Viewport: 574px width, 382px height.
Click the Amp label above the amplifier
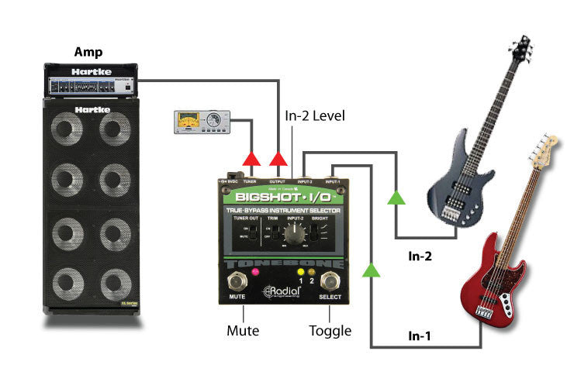pyautogui.click(x=88, y=52)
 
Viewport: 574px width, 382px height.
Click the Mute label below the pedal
pyautogui.click(x=243, y=331)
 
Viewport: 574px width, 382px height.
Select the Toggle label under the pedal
pyautogui.click(x=330, y=331)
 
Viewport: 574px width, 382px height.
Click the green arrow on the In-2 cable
pyautogui.click(x=397, y=198)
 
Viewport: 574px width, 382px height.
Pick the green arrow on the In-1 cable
pyautogui.click(x=372, y=269)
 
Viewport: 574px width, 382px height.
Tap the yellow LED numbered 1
pyautogui.click(x=300, y=272)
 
